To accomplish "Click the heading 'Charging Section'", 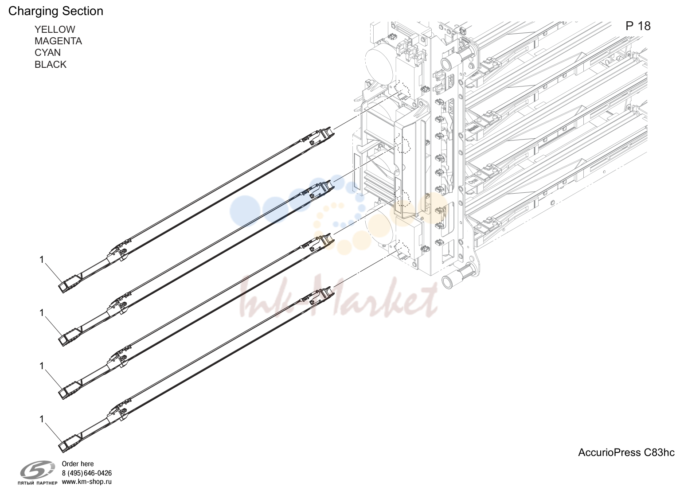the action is (55, 11).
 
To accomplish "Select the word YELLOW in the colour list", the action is (55, 29).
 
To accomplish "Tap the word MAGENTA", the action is (58, 41).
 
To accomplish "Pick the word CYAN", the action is (47, 52).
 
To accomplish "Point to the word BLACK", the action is (51, 64).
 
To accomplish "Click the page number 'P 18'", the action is (638, 26).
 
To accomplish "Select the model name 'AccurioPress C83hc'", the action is (626, 452).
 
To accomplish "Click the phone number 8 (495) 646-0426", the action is (87, 473).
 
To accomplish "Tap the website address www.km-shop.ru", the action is (87, 482).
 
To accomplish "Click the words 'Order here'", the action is (78, 464).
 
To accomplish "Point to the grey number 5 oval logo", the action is (38, 470).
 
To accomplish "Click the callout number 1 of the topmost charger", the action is (42, 260).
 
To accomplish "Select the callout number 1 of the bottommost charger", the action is (42, 419).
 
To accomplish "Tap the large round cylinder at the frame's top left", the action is (380, 59).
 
